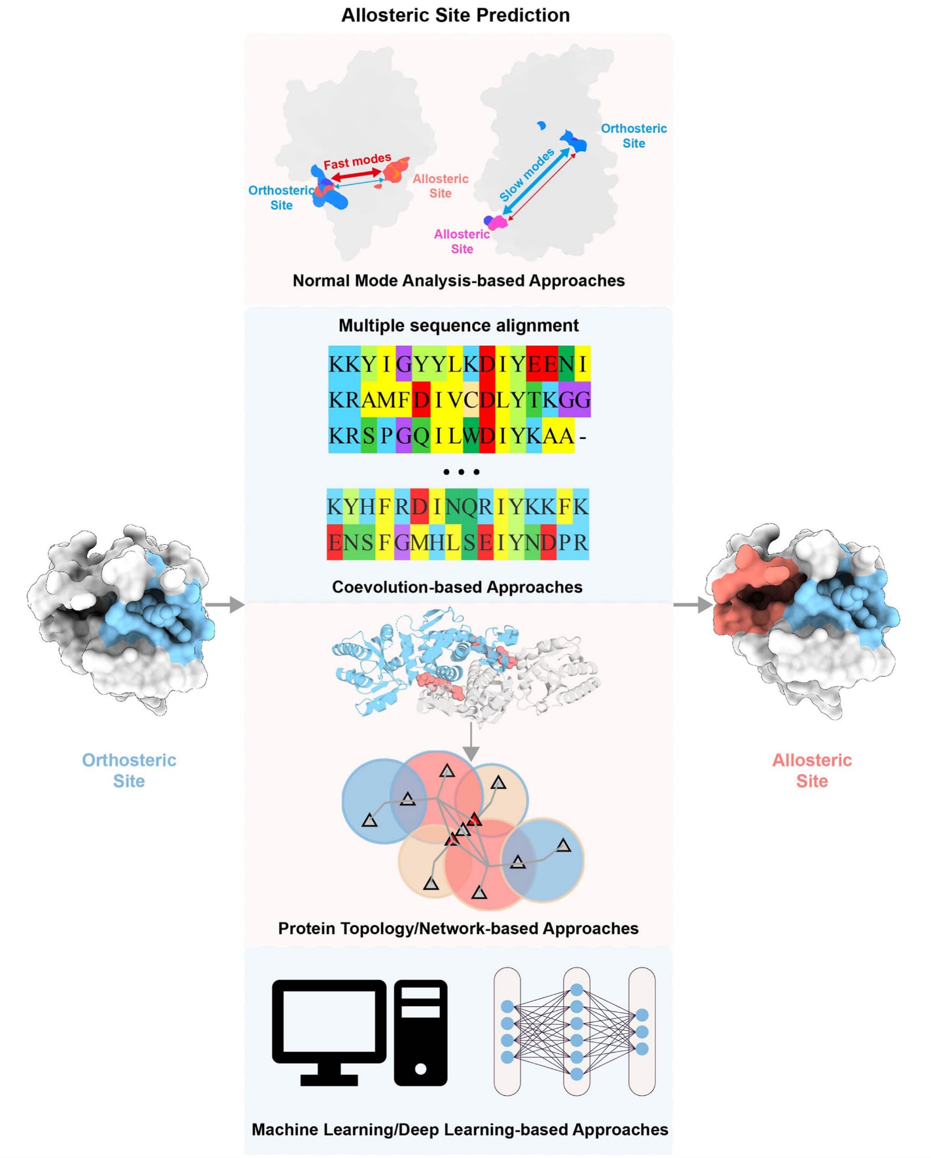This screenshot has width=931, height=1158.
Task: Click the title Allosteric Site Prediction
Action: click(455, 15)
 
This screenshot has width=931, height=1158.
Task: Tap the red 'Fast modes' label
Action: click(357, 161)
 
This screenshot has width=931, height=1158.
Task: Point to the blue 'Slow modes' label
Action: click(526, 174)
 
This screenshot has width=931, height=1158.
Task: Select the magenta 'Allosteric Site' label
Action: click(462, 241)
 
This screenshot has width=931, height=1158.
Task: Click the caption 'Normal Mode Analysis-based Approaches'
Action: click(458, 281)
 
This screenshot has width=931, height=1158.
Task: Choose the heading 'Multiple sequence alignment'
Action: click(458, 325)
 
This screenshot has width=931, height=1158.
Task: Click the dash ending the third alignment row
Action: click(583, 436)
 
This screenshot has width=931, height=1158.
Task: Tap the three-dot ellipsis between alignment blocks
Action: click(461, 472)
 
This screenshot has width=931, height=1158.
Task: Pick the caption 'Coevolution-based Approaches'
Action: click(457, 587)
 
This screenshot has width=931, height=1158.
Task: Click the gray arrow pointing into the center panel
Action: click(226, 605)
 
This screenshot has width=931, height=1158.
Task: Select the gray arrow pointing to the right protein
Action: click(693, 605)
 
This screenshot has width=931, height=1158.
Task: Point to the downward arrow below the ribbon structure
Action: click(471, 743)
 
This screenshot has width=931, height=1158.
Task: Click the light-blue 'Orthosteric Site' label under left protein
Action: click(129, 770)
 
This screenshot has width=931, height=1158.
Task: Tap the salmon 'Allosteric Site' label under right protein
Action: click(812, 770)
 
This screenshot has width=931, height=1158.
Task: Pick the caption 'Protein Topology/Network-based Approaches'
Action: click(458, 928)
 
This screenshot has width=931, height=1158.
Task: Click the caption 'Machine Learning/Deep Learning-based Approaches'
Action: click(460, 1129)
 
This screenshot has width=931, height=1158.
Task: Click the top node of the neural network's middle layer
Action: click(577, 990)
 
